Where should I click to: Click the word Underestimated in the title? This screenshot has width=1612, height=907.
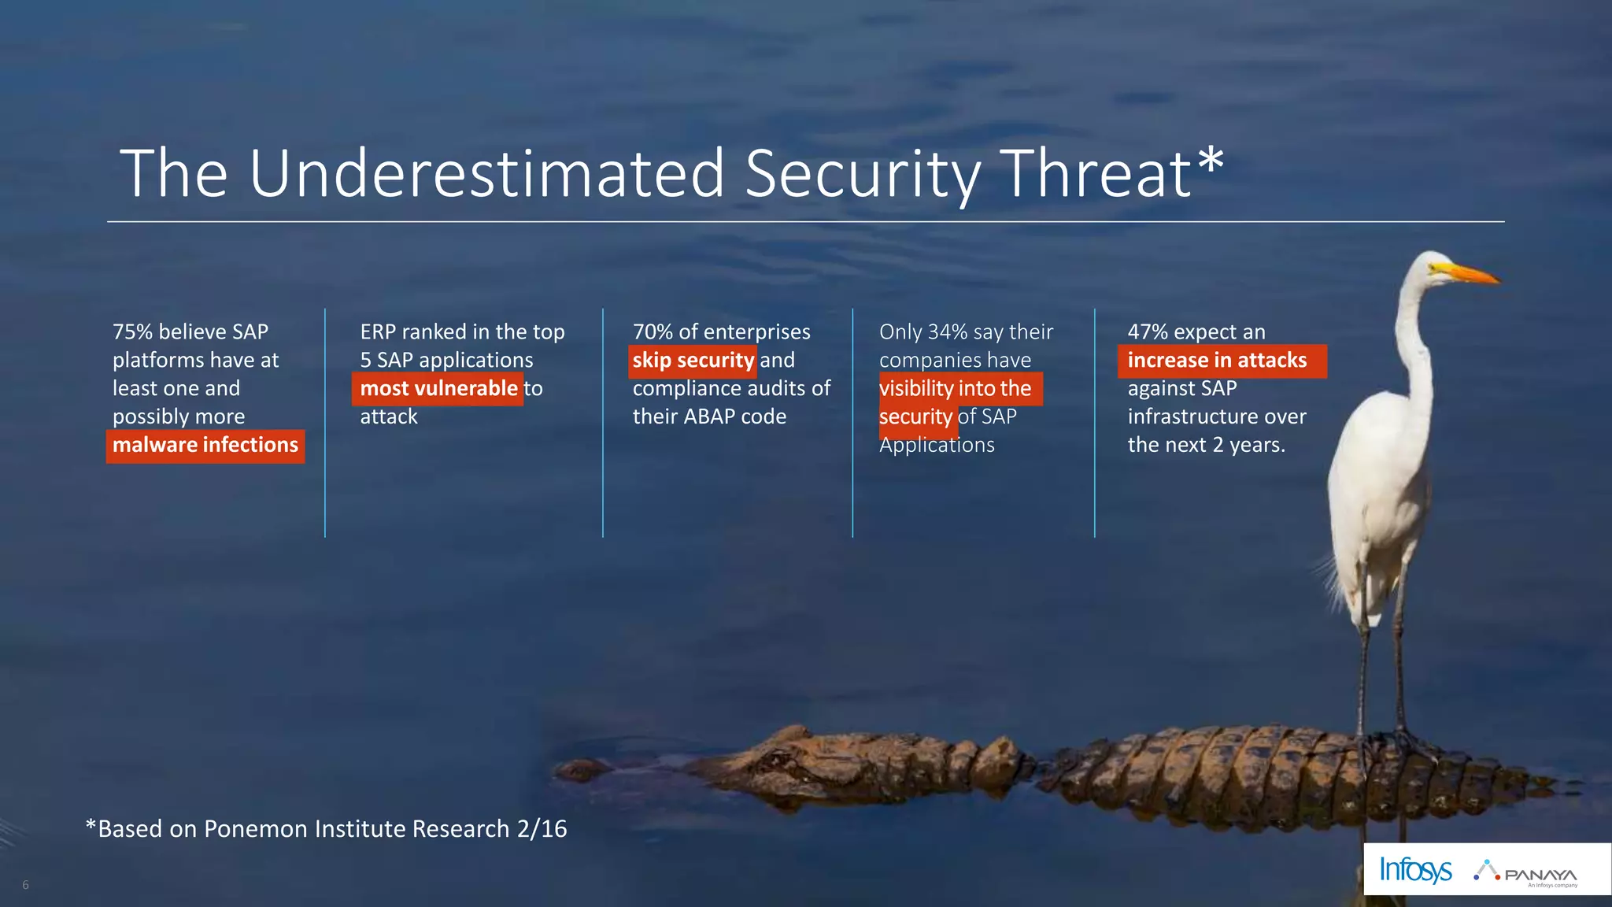pyautogui.click(x=486, y=173)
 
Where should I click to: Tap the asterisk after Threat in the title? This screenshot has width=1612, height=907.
pyautogui.click(x=1211, y=161)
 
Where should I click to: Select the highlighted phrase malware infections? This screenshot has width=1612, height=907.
pyautogui.click(x=205, y=446)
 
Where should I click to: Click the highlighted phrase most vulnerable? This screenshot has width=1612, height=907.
pyautogui.click(x=438, y=389)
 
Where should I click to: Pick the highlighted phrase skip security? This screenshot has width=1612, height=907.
pyautogui.click(x=693, y=361)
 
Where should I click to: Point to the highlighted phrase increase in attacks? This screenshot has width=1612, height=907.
pyautogui.click(x=1217, y=361)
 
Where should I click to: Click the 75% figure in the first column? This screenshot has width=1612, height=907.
pyautogui.click(x=132, y=332)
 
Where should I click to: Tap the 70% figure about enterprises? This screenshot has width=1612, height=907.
pyautogui.click(x=653, y=332)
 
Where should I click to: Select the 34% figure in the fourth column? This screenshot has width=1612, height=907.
pyautogui.click(x=947, y=332)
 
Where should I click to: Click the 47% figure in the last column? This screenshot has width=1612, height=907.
pyautogui.click(x=1148, y=332)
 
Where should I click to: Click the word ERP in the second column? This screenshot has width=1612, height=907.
pyautogui.click(x=378, y=332)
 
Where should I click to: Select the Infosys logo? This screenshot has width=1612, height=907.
pyautogui.click(x=1415, y=870)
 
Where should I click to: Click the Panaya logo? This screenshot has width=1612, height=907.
pyautogui.click(x=1527, y=872)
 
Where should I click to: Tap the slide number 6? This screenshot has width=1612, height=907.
pyautogui.click(x=25, y=885)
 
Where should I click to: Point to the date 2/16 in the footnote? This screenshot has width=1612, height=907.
pyautogui.click(x=542, y=829)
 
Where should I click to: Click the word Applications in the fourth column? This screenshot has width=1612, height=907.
pyautogui.click(x=937, y=446)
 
